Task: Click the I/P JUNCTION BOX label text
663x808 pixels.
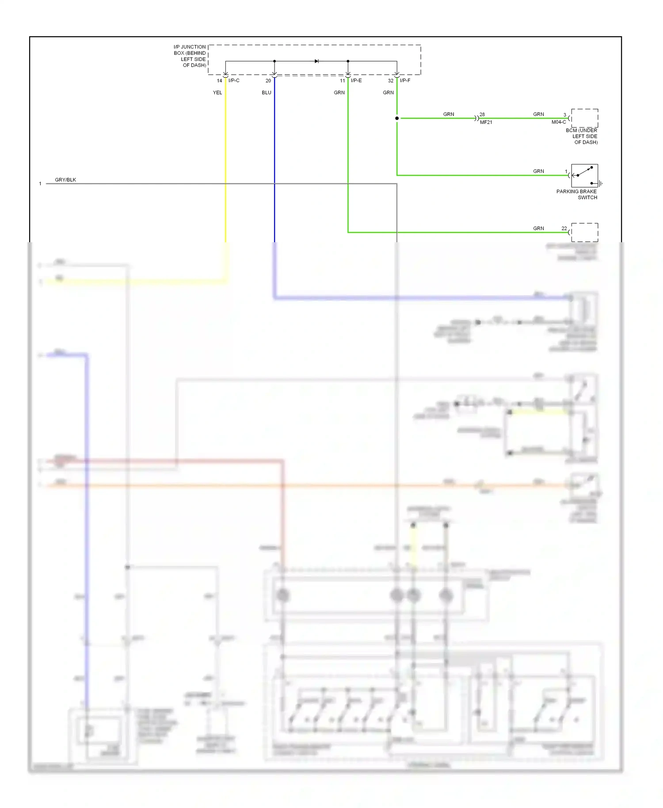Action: pos(190,56)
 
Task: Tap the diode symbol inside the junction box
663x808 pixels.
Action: pos(316,61)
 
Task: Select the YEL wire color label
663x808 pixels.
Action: pos(217,92)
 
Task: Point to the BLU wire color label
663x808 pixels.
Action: pos(267,92)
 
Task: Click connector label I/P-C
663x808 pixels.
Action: pos(234,80)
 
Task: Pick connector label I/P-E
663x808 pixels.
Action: pos(356,80)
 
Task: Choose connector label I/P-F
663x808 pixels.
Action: pos(405,80)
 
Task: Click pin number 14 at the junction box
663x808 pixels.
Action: pos(219,80)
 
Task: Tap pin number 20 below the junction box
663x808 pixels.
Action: pos(268,80)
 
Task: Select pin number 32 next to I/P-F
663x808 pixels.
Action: pos(391,80)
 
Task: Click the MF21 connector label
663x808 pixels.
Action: pos(486,122)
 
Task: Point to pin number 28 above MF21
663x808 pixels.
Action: pos(482,114)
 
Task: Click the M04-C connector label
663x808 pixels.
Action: pos(558,122)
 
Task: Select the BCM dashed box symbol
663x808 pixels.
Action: pos(584,118)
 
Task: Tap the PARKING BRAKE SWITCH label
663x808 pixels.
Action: pos(577,194)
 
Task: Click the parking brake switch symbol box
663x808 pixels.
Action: pos(584,175)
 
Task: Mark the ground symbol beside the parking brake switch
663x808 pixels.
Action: pos(600,183)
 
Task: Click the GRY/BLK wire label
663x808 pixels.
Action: pos(65,180)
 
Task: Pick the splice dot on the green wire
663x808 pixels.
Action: pos(397,118)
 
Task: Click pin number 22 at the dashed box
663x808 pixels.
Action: pos(564,229)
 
